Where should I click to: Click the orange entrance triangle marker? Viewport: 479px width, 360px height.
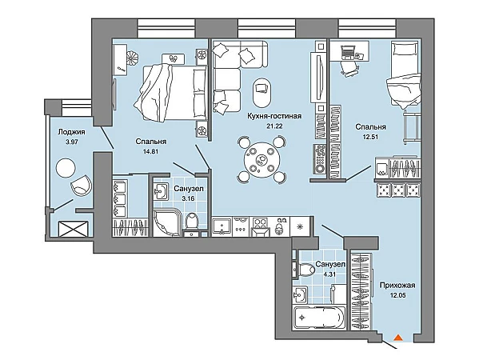397,338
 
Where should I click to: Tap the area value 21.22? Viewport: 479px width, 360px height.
274,126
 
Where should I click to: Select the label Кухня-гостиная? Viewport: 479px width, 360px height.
274,116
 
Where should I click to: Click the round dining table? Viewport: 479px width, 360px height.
261,159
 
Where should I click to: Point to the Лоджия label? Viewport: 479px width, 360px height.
71,132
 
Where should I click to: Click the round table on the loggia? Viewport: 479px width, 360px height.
66,167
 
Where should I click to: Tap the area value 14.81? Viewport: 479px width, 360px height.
150,151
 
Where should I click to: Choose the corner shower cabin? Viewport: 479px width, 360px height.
167,222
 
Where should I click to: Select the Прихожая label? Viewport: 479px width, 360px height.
397,286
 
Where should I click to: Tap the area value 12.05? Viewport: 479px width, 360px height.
397,295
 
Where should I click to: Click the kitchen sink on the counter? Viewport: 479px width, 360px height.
222,226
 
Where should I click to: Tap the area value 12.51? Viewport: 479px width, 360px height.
370,137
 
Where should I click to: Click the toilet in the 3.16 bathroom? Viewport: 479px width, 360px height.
192,220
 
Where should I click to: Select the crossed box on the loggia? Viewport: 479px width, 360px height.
74,229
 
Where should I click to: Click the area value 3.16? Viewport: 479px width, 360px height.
188,198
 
